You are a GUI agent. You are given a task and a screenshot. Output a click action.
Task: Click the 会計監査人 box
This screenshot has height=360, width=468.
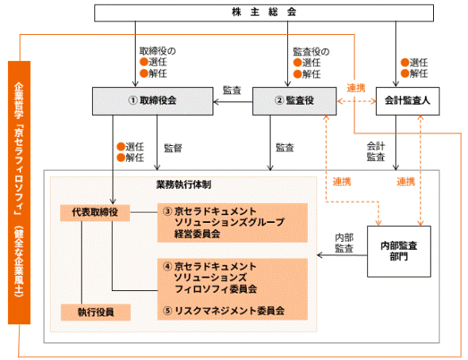(x=407, y=101)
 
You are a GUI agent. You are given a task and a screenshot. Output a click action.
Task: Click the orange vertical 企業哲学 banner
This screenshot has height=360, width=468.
(x=18, y=190)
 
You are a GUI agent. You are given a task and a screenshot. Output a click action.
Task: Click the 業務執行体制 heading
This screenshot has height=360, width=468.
(x=183, y=184)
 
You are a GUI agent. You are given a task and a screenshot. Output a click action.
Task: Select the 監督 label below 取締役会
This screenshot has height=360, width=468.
(x=173, y=147)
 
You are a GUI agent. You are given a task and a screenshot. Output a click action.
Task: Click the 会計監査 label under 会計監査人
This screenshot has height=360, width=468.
(x=376, y=151)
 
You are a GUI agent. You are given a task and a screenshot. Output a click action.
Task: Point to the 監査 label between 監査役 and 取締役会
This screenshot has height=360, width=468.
(x=232, y=90)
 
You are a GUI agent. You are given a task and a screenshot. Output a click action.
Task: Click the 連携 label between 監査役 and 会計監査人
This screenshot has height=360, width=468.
(x=356, y=88)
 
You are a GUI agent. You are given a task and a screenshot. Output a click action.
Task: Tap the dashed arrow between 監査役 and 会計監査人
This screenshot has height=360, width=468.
(x=355, y=101)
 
